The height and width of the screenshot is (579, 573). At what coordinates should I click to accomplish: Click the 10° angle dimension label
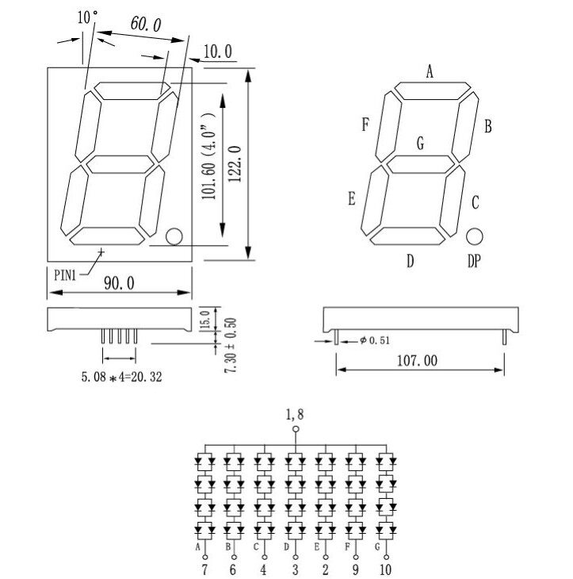click(88, 17)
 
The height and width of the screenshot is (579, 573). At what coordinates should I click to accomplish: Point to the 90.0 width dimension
click(119, 283)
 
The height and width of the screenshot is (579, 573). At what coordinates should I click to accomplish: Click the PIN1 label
click(66, 275)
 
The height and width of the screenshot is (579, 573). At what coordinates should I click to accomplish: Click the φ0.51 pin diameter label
click(373, 341)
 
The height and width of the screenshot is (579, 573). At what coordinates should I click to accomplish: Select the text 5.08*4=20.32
click(121, 378)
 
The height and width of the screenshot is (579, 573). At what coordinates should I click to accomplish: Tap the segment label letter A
click(429, 73)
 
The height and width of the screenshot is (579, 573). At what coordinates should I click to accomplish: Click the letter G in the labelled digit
click(420, 144)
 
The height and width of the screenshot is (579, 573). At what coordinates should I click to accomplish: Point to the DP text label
click(474, 261)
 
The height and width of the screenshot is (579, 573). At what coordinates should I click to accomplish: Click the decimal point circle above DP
click(475, 236)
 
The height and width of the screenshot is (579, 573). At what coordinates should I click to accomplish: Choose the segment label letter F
click(365, 125)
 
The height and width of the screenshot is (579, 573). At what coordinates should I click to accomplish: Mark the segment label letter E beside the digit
click(351, 198)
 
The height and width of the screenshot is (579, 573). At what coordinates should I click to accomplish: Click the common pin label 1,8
click(296, 414)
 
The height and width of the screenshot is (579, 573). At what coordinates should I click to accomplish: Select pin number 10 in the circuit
click(385, 569)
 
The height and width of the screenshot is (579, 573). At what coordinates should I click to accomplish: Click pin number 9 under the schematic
click(356, 569)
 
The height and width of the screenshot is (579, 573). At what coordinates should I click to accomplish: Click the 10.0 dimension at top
click(217, 52)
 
